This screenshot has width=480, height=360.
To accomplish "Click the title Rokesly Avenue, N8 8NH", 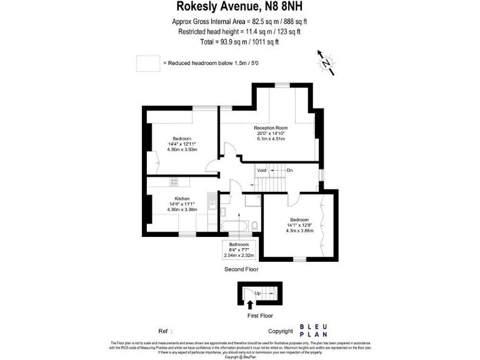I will [x=241, y=7].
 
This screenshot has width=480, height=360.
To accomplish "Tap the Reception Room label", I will [x=270, y=128].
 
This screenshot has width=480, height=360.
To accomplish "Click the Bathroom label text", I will [x=239, y=244].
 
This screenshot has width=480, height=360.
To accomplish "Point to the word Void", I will [x=262, y=170].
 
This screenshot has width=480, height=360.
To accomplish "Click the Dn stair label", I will [x=289, y=170].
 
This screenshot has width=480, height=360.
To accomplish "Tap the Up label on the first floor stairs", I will [x=257, y=292].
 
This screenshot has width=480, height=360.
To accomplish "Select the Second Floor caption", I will [x=241, y=269].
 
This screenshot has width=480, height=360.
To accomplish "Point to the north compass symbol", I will [x=326, y=63].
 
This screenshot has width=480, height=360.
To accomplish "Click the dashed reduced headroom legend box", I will [x=148, y=63].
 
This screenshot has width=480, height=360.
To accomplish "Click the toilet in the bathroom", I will [x=254, y=225].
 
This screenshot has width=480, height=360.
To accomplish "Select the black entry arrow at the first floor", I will [x=251, y=305].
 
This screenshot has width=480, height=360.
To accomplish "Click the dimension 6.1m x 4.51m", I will [x=270, y=139].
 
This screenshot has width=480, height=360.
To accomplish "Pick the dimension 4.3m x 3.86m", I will [x=299, y=231].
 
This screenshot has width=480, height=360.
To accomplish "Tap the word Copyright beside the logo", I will [x=280, y=331].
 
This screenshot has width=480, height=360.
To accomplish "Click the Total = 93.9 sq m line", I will [x=241, y=42].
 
